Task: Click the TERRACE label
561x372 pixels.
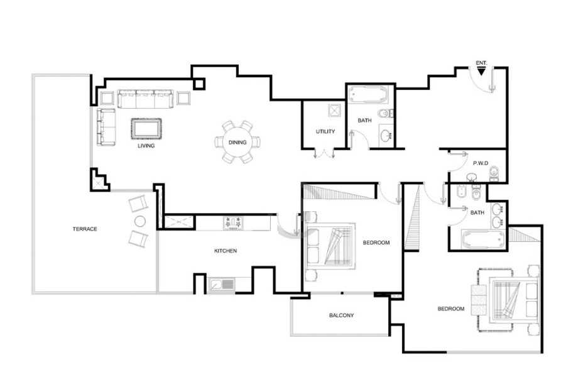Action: [85, 229]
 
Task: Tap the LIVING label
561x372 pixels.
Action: [146, 146]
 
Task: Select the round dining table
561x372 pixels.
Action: [237, 142]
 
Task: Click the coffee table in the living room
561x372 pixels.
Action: [146, 129]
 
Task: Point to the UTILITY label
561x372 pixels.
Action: [325, 131]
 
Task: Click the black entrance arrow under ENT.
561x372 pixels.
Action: [481, 72]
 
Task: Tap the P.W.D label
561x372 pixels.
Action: [481, 163]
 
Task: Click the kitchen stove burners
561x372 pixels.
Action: [233, 223]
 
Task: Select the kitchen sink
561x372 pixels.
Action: [222, 285]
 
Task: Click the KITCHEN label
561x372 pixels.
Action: [226, 251]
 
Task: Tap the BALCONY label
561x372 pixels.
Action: [341, 315]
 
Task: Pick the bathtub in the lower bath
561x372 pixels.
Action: [483, 238]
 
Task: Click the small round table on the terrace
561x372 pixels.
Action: [140, 221]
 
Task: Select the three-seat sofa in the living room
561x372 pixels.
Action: [145, 99]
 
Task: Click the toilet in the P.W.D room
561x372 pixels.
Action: [494, 173]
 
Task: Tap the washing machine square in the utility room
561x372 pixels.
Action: [334, 111]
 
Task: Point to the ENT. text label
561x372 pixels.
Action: [481, 63]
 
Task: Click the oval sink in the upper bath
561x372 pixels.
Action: [386, 136]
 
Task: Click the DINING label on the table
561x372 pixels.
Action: [237, 142]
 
